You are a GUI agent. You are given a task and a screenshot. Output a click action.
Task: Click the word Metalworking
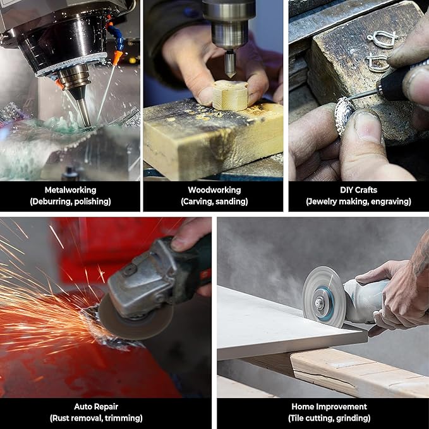point(70,190)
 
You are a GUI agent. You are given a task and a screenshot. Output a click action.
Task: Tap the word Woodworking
point(214,190)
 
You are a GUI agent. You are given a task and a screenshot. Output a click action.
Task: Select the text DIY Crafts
point(358,190)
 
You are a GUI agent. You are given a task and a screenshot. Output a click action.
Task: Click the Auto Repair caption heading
point(96,406)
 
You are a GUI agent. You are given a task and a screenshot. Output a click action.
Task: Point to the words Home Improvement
point(329,406)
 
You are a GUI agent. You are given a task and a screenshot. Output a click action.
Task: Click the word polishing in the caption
point(92,202)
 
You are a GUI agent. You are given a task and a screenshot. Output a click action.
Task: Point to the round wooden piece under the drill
point(230,95)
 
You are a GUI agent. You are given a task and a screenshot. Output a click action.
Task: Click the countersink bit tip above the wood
point(231,75)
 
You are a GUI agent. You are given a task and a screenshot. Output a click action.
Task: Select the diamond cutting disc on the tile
point(323,298)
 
